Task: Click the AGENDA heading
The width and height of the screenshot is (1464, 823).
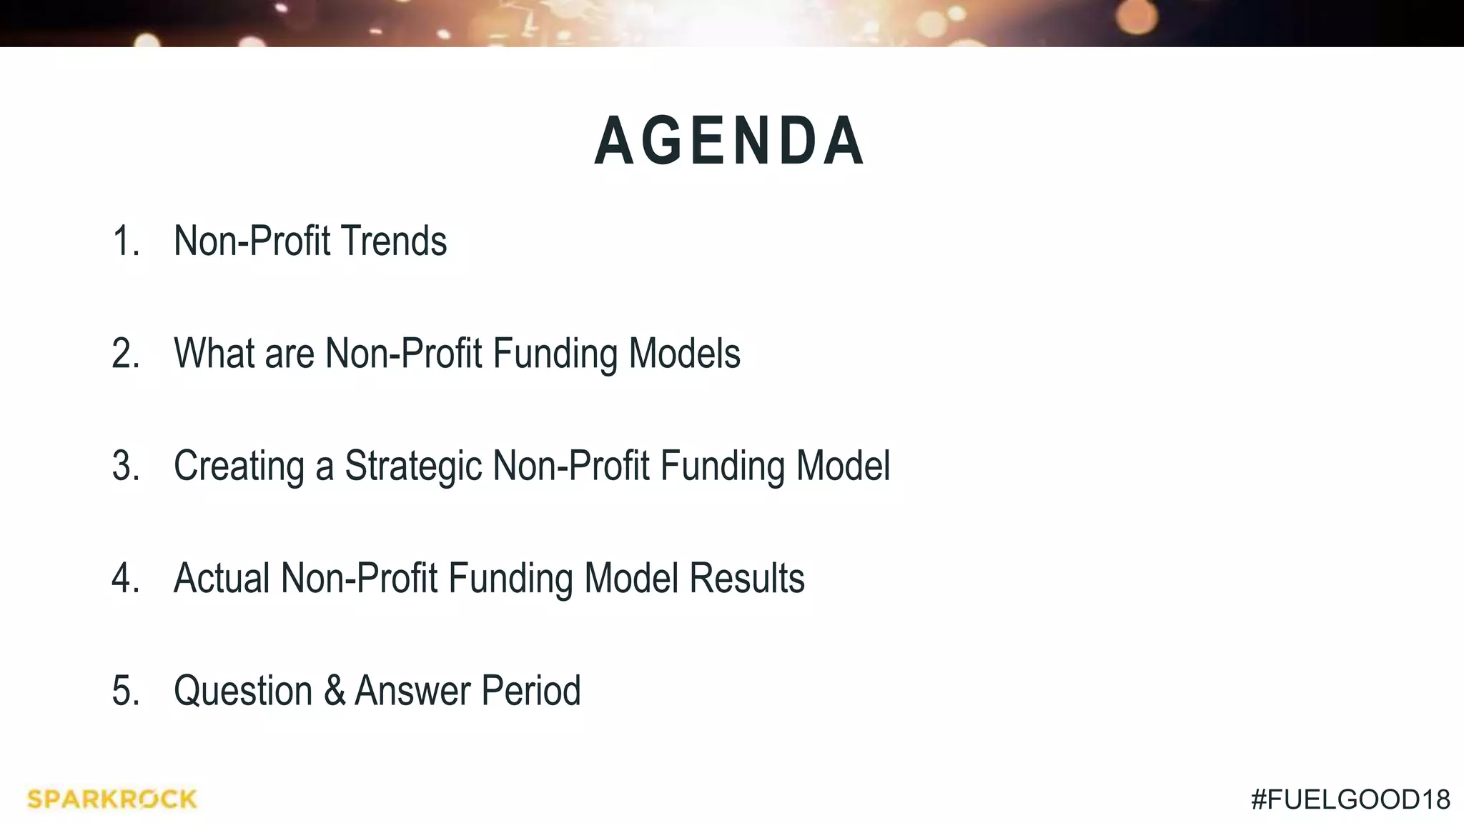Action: coord(730,141)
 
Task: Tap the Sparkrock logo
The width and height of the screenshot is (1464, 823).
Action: coord(112,799)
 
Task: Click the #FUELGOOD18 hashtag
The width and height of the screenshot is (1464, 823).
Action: coord(1350,799)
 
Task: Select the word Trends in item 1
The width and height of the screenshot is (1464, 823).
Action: coord(393,241)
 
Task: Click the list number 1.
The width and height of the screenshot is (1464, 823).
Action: coord(125,241)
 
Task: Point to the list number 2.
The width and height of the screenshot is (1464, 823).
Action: coord(125,354)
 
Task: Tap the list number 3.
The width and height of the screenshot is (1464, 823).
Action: coord(125,466)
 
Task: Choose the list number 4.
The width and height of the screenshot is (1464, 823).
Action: coord(125,578)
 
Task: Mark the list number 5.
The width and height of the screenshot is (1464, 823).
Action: coord(125,691)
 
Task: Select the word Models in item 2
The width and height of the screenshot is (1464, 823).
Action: coord(684,354)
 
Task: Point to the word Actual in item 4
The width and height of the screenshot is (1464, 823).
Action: coord(222,578)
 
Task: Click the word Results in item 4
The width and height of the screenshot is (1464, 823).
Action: coord(747,578)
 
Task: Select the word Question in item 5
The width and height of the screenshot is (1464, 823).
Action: coord(243,692)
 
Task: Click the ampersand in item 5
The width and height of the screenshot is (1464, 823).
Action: coord(334,691)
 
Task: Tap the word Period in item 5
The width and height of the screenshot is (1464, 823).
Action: coord(530,691)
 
